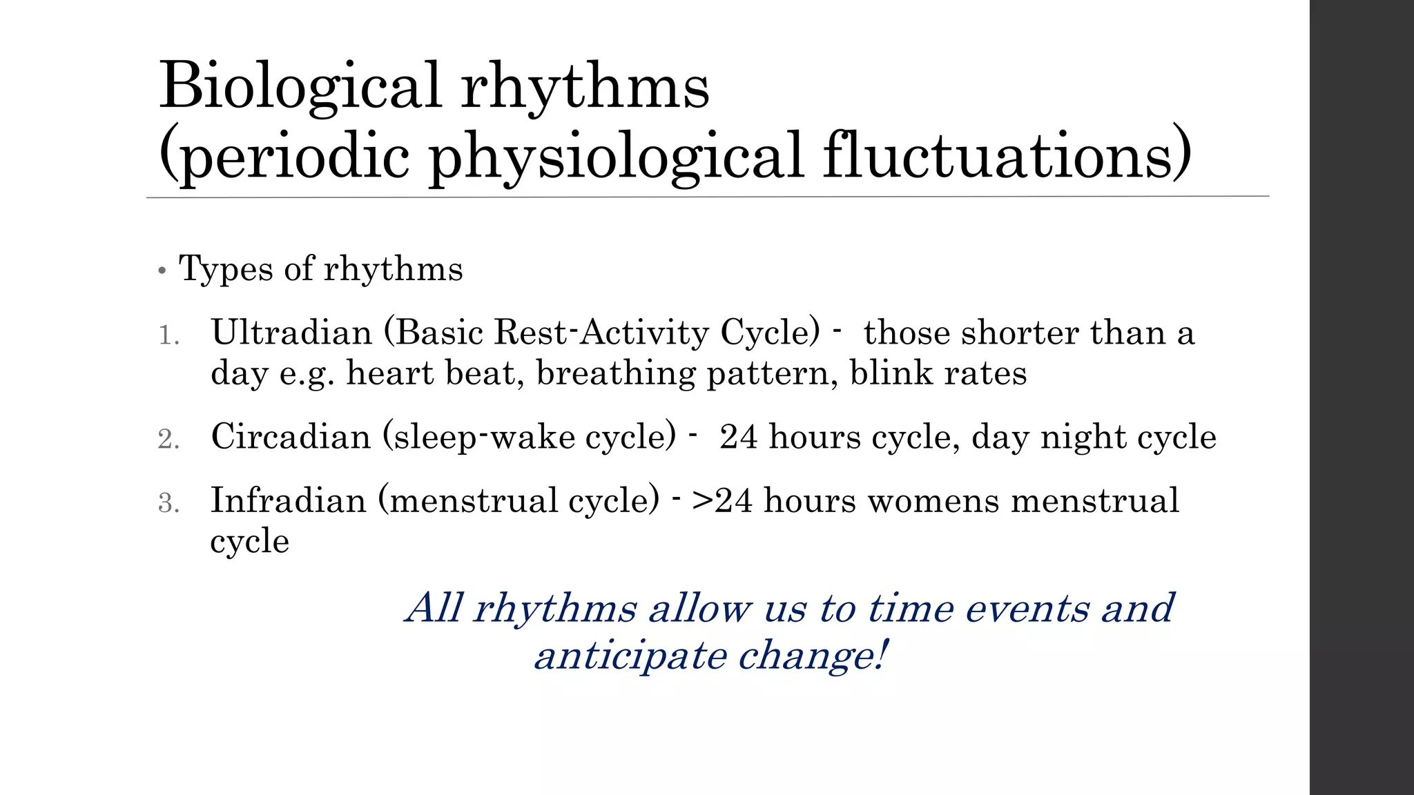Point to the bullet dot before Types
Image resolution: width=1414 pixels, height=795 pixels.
click(162, 271)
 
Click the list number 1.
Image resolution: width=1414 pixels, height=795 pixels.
click(168, 336)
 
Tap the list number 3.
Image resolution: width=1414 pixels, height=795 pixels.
click(168, 503)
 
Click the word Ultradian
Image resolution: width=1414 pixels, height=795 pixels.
click(291, 333)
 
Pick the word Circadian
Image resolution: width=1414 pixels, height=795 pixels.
click(291, 437)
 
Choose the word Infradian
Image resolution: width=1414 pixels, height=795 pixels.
click(288, 500)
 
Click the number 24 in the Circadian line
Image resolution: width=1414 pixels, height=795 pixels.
click(738, 438)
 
